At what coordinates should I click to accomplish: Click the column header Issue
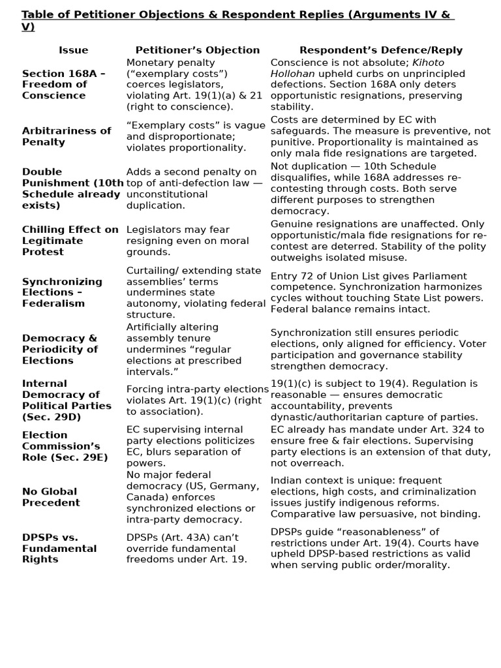coord(73,50)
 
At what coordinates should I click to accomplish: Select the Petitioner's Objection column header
coord(197,50)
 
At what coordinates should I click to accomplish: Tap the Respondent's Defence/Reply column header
coord(380,50)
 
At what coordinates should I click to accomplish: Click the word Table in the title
coord(37,15)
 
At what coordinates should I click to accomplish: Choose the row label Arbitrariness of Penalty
coord(67,136)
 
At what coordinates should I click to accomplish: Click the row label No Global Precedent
coord(50,497)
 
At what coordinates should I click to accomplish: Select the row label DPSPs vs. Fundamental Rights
coord(59,548)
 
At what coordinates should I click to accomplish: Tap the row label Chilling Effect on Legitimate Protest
coord(70,241)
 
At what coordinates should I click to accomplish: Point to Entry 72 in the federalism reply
coord(294,276)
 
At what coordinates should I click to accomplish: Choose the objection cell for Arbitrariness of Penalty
coord(195,136)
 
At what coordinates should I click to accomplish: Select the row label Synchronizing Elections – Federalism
coord(62,292)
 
